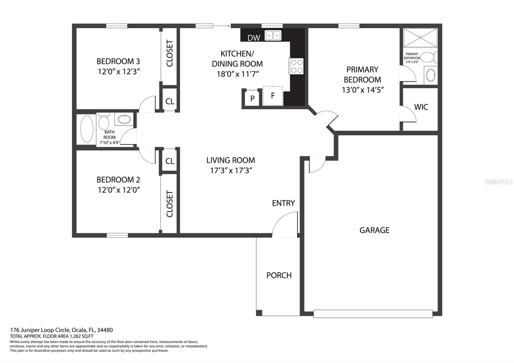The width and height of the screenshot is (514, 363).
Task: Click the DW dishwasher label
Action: coord(254,38)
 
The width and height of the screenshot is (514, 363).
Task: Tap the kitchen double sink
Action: coord(273,36)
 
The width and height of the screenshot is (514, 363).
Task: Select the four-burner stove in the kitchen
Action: coord(296,66)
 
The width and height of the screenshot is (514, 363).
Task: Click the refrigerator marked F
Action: coord(273,96)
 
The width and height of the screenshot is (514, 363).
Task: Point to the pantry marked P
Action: coord(252,98)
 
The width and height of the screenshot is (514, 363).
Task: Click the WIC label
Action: coord(421,107)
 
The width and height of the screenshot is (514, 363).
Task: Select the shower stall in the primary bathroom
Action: coord(420,38)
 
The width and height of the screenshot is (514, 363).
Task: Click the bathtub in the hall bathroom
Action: coord(87,129)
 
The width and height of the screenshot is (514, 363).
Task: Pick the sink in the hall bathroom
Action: coord(124,119)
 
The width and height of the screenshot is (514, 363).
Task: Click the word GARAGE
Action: coord(375,230)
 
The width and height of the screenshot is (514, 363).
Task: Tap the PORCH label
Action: coord(279,275)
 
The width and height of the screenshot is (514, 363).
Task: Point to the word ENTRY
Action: coord(283,203)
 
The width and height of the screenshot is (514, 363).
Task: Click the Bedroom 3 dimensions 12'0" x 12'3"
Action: coord(119,72)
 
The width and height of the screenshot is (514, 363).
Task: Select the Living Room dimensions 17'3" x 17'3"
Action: coord(231,171)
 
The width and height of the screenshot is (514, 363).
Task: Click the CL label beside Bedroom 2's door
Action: coord(170,161)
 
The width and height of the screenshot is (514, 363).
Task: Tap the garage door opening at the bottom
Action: coord(373,314)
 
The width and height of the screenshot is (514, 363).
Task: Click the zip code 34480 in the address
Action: coord(105,330)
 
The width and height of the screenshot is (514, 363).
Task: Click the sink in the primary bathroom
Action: coord(431,75)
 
